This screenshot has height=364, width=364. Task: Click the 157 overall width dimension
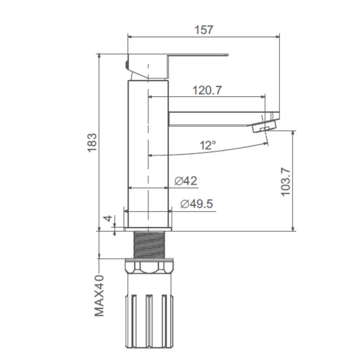(x=203, y=30)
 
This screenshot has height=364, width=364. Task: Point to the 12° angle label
(x=208, y=146)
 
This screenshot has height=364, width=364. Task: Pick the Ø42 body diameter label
(x=186, y=181)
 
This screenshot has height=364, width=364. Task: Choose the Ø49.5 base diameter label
(x=197, y=204)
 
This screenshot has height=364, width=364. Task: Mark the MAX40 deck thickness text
(x=99, y=296)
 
